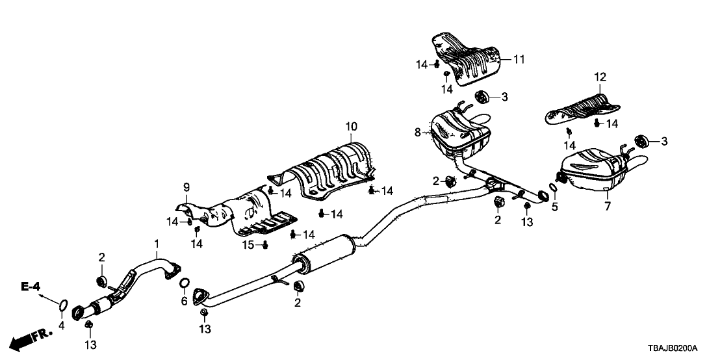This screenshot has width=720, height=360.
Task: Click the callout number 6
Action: pyautogui.click(x=184, y=301)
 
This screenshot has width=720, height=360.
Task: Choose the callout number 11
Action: pyautogui.click(x=518, y=60)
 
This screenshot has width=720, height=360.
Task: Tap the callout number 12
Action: pyautogui.click(x=600, y=77)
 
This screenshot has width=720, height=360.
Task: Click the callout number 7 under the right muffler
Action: pyautogui.click(x=608, y=206)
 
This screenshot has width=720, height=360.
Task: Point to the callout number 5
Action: pyautogui.click(x=554, y=207)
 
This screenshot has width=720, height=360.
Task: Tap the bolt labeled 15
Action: pyautogui.click(x=265, y=244)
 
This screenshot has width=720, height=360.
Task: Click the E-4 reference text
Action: pyautogui.click(x=31, y=286)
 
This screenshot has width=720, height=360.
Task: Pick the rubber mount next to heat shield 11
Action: pyautogui.click(x=482, y=97)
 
